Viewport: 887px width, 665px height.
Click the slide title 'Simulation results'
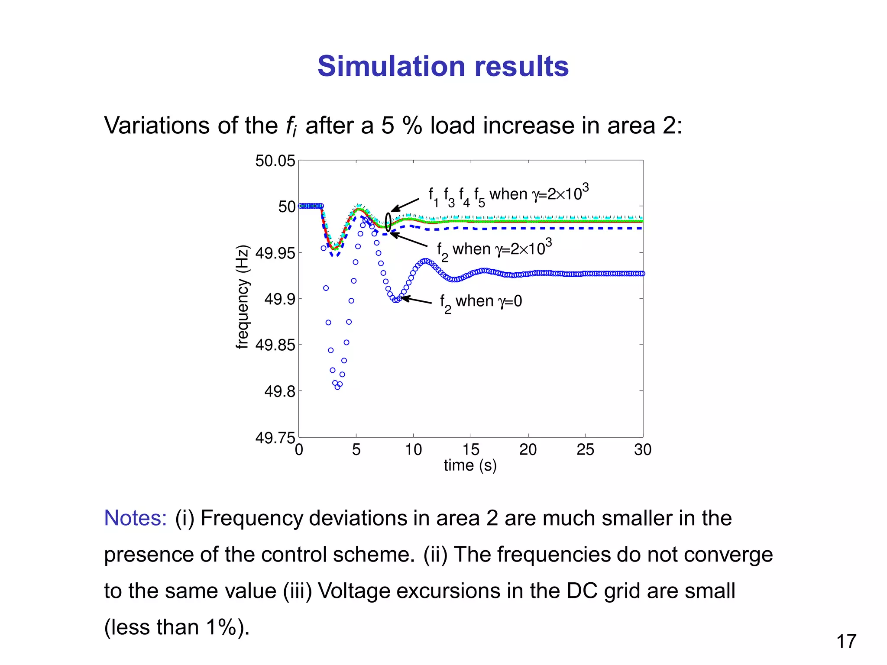tap(443, 66)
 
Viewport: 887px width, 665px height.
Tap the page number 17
tap(846, 641)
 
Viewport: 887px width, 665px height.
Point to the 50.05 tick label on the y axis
tap(275, 161)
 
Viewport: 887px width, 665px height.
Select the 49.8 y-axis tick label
tap(280, 391)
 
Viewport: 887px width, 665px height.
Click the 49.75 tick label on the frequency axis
tap(275, 438)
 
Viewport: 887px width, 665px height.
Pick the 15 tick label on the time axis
tap(470, 450)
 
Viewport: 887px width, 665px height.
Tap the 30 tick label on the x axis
tap(642, 450)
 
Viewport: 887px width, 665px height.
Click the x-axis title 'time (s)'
tap(470, 465)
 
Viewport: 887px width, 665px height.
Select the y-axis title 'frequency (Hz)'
tap(243, 297)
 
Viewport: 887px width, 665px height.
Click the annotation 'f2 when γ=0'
tap(481, 302)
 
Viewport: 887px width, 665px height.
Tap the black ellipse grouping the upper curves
tap(388, 222)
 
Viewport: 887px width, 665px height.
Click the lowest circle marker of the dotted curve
tap(337, 387)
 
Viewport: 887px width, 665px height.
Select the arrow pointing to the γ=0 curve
tap(416, 300)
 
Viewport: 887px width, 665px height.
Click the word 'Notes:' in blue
tap(135, 518)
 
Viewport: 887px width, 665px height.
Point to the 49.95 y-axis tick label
tap(275, 253)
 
